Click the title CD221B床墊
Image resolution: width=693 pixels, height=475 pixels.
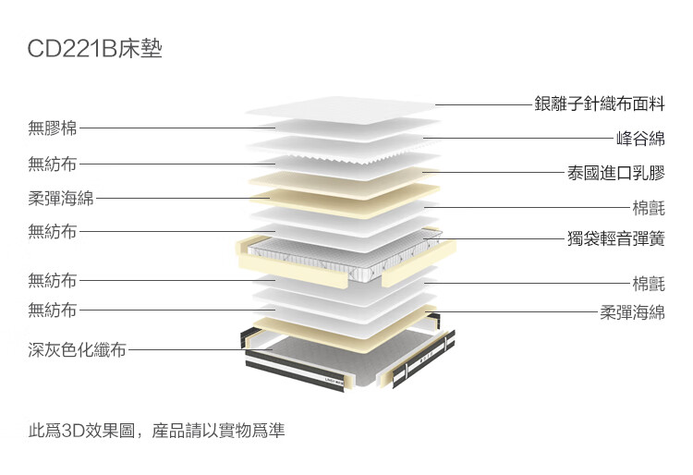[x=94, y=48]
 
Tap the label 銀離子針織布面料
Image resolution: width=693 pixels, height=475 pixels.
[x=600, y=104]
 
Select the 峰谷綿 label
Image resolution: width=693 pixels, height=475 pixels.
[x=641, y=139]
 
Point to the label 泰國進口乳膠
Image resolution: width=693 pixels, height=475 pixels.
[x=616, y=173]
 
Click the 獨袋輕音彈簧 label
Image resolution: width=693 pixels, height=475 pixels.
[x=616, y=238]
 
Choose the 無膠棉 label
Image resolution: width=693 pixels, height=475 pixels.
[x=53, y=128]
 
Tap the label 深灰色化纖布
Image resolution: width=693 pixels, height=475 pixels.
[x=77, y=349]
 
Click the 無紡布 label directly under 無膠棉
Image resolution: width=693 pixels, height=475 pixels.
[x=53, y=164]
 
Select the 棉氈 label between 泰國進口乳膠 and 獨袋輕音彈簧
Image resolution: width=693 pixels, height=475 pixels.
[x=649, y=208]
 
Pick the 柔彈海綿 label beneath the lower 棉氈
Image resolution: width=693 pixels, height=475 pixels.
[x=632, y=312]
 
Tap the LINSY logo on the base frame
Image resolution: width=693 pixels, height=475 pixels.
[x=334, y=380]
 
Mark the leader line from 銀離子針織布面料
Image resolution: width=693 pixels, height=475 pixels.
[x=484, y=104]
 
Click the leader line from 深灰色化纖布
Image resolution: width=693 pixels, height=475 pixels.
[x=201, y=349]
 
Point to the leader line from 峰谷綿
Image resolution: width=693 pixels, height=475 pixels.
[x=518, y=139]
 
